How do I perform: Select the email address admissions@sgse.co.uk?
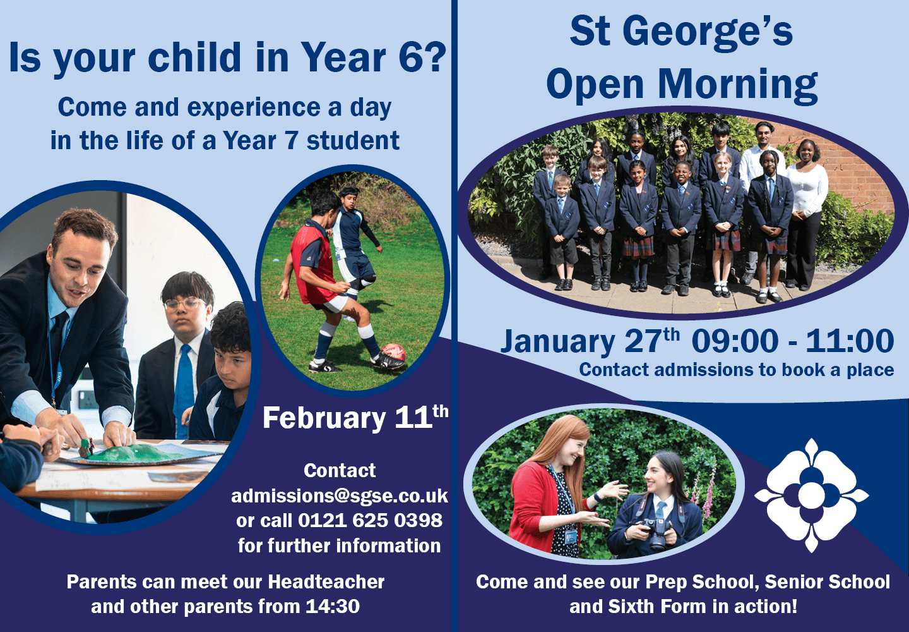pyautogui.click(x=340, y=496)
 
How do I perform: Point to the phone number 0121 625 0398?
pyautogui.click(x=370, y=520)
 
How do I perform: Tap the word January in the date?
pyautogui.click(x=558, y=342)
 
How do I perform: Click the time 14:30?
pyautogui.click(x=333, y=607)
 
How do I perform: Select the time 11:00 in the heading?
pyautogui.click(x=850, y=341)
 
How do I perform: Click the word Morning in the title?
pyautogui.click(x=738, y=85)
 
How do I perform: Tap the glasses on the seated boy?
pyautogui.click(x=184, y=303)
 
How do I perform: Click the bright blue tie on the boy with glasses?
pyautogui.click(x=184, y=390)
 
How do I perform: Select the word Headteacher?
pyautogui.click(x=326, y=581)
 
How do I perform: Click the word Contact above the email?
pyautogui.click(x=340, y=471)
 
